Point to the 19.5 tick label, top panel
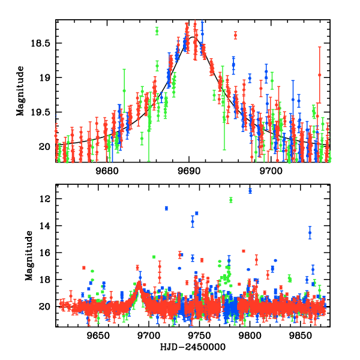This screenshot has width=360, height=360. tap(43, 112)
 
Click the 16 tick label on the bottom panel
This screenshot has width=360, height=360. tap(47, 253)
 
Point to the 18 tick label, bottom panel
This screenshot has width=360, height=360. tap(47, 280)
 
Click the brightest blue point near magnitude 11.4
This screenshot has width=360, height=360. tap(250, 191)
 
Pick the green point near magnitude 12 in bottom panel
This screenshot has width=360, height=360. tap(230, 200)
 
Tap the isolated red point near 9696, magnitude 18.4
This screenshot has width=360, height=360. tap(235, 35)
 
